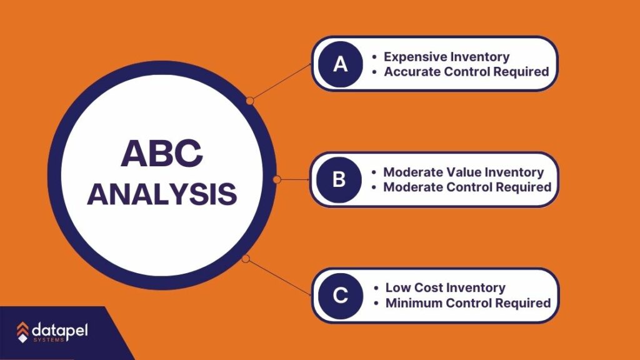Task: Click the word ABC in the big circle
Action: pyautogui.click(x=162, y=153)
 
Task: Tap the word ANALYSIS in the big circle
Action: pyautogui.click(x=162, y=194)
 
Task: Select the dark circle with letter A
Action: pyautogui.click(x=341, y=64)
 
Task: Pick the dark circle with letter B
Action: pyautogui.click(x=339, y=179)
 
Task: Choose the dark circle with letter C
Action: pyautogui.click(x=341, y=296)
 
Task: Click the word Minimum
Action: pyautogui.click(x=414, y=303)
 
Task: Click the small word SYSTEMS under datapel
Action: pyautogui.click(x=49, y=340)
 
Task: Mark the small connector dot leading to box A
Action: pyautogui.click(x=250, y=101)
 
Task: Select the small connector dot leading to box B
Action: pyautogui.click(x=277, y=179)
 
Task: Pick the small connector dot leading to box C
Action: pyautogui.click(x=245, y=258)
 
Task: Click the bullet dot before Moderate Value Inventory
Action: pyautogui.click(x=374, y=172)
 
